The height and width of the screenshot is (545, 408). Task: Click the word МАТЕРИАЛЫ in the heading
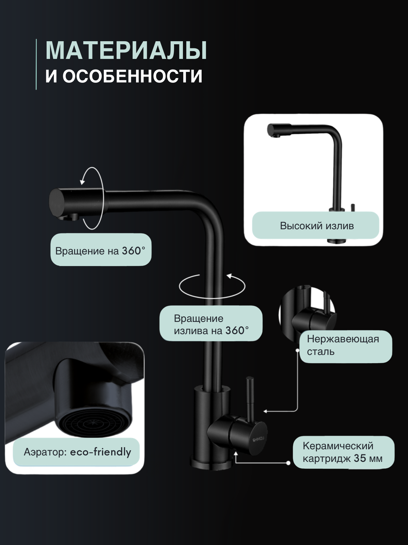[126, 51]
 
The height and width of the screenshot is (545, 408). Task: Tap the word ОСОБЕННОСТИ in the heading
[132, 76]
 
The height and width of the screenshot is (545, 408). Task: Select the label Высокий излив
[317, 226]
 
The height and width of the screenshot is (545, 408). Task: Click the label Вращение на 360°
[100, 251]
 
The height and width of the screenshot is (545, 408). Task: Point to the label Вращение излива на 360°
[211, 324]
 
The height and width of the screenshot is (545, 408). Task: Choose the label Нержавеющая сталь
[343, 345]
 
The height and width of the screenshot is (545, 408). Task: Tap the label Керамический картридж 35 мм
[343, 452]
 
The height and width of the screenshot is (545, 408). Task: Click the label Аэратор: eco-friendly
[77, 452]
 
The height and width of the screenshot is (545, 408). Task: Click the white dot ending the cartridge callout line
[288, 463]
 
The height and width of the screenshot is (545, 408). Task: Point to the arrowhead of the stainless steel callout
[265, 411]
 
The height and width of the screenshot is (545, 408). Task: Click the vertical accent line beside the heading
[36, 64]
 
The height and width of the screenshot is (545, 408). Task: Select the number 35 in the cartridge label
[360, 458]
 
